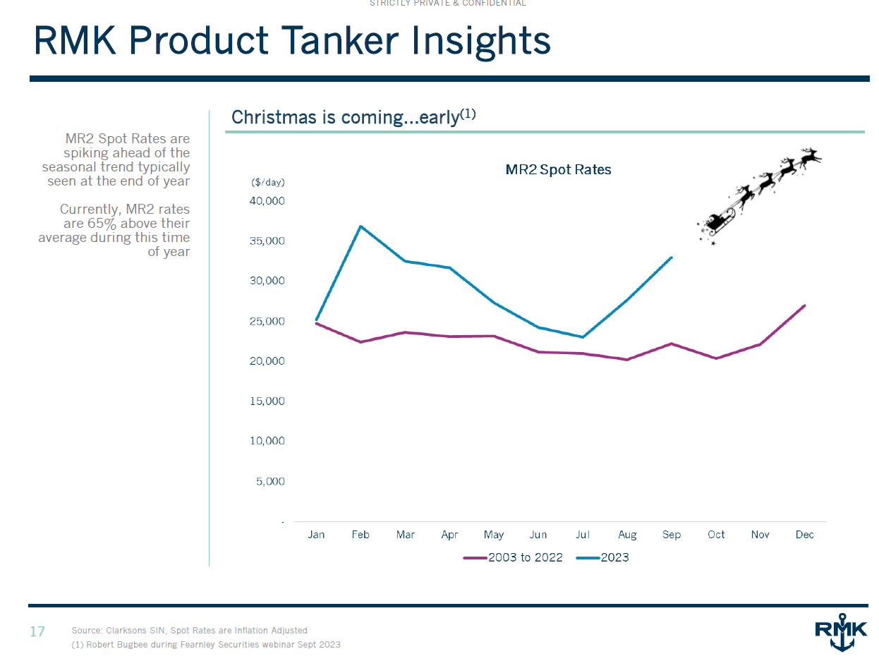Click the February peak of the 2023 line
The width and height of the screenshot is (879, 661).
[360, 226]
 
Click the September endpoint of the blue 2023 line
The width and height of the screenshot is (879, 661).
[671, 257]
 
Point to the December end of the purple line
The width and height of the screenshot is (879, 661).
[804, 305]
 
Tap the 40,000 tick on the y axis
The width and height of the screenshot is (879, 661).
[267, 201]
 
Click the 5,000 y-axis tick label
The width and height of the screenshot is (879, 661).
[271, 481]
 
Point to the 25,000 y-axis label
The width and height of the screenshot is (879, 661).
[267, 321]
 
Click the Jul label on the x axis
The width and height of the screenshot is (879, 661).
[583, 535]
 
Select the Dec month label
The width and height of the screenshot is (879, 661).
[804, 535]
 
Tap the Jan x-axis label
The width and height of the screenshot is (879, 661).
[316, 535]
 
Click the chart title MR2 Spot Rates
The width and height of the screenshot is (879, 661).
[558, 170]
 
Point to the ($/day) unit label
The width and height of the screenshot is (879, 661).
[267, 182]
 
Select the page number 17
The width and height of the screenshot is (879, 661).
[37, 631]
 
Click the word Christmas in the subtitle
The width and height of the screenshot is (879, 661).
[274, 117]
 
